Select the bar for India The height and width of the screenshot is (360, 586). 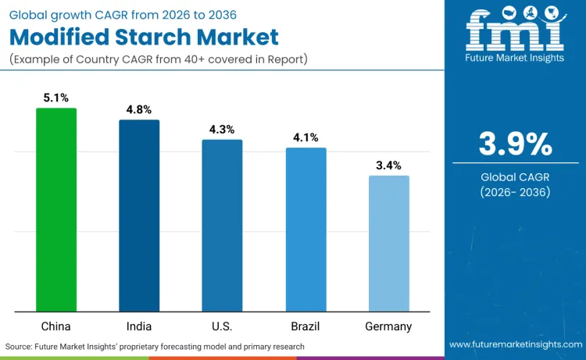point(139,216)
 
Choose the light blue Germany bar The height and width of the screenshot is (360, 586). point(388,243)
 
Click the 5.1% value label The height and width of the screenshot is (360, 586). point(56,98)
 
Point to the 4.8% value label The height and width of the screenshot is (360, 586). point(139,110)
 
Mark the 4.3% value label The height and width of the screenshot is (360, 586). point(222,130)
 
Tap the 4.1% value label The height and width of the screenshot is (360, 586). point(306,137)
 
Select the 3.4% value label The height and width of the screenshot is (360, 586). point(388,166)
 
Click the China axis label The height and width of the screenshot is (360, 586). point(56,326)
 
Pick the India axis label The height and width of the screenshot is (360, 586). point(139,326)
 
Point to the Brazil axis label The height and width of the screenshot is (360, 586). point(306,326)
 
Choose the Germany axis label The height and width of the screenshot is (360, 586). point(388,326)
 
